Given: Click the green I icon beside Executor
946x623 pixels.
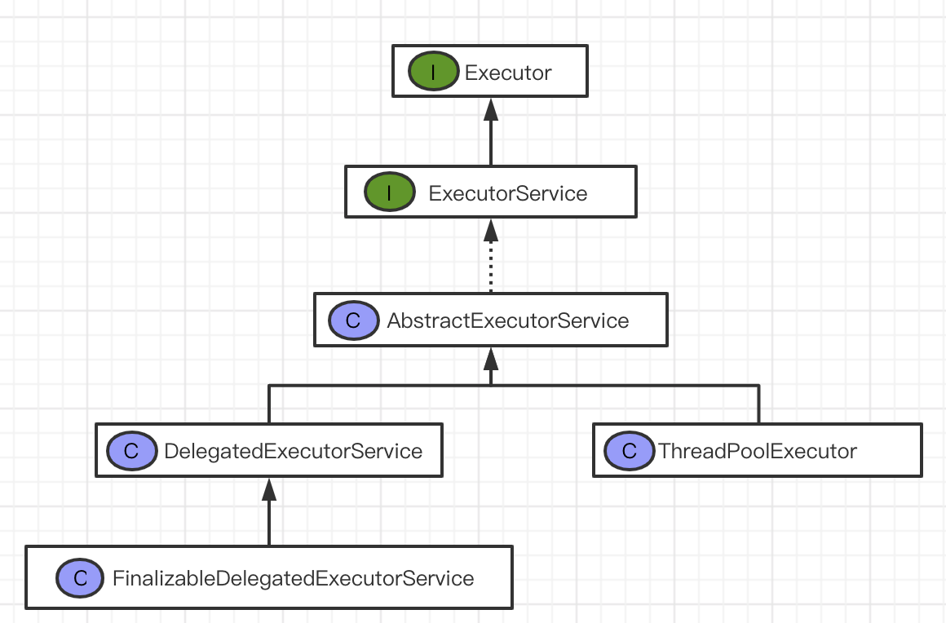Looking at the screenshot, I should coord(433,73).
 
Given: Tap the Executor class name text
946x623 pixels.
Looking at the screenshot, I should coord(508,73).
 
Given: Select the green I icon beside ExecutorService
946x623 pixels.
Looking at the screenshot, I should coord(389,193).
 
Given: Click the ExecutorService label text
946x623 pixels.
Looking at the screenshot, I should coord(507,193).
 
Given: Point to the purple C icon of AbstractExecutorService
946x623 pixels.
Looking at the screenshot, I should coord(353,320).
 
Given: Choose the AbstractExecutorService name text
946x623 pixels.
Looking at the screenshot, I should coord(507,320).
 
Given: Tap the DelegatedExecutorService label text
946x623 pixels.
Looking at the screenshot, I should coord(293,451).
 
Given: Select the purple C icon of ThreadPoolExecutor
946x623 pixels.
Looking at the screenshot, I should coord(629,451).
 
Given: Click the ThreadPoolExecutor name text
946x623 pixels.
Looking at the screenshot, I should coord(758,451).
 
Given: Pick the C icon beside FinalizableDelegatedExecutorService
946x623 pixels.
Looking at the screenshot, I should coord(80,578).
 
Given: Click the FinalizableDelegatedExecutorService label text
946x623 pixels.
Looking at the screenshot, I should coord(293,578).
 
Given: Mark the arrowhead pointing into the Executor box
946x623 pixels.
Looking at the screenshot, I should coord(490,108).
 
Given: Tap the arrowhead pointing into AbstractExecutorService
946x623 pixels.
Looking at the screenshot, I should coord(490,358).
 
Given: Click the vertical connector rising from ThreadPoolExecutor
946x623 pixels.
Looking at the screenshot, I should coord(758,404).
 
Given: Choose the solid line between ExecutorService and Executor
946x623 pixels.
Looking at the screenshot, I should coord(490,143).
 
